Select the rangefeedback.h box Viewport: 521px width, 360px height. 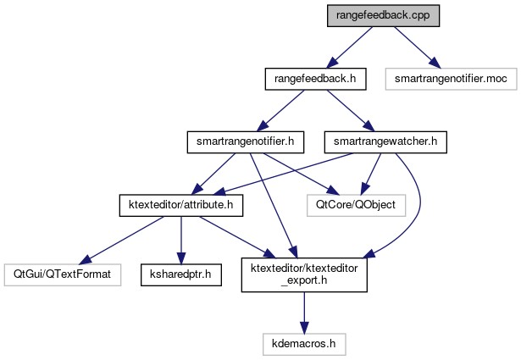(304, 79)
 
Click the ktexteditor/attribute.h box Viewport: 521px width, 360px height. (180, 204)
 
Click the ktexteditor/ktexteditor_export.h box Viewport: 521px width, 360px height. (304, 274)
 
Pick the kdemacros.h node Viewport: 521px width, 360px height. (304, 345)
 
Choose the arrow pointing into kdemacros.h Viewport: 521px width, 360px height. (304, 313)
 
